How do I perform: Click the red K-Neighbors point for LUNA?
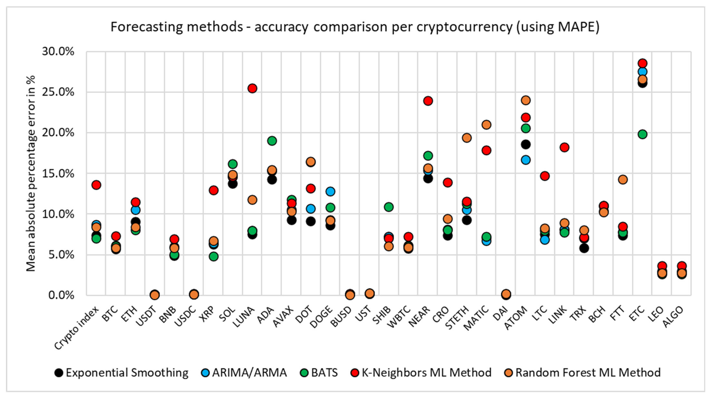point(252,88)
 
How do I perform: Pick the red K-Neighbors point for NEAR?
point(428,101)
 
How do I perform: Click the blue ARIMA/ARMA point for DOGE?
point(330,191)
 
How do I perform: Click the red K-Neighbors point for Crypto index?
point(96,185)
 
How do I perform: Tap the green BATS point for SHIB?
point(389,207)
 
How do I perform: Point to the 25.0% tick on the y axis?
point(58,92)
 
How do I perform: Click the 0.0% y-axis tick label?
point(61,295)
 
